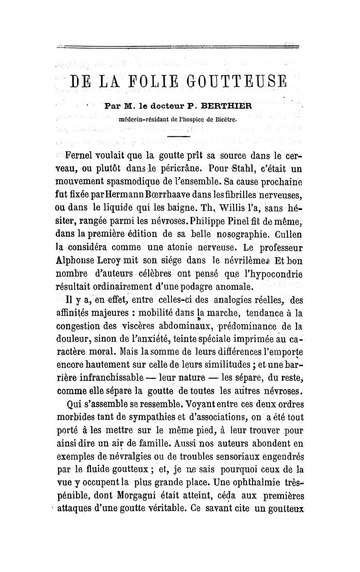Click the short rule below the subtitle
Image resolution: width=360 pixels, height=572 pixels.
180,136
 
